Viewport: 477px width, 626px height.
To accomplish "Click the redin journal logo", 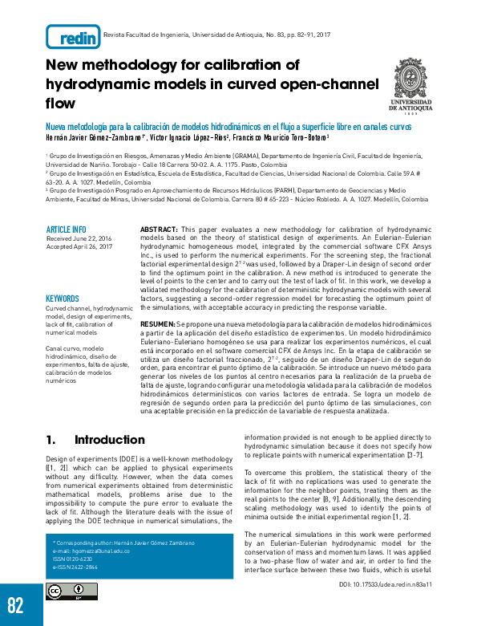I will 73,36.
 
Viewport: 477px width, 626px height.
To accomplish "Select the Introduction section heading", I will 109,440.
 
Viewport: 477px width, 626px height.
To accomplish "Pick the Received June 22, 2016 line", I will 79,238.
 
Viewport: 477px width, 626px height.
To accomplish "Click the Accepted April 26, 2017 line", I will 79,247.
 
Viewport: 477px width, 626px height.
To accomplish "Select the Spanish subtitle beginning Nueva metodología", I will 228,127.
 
